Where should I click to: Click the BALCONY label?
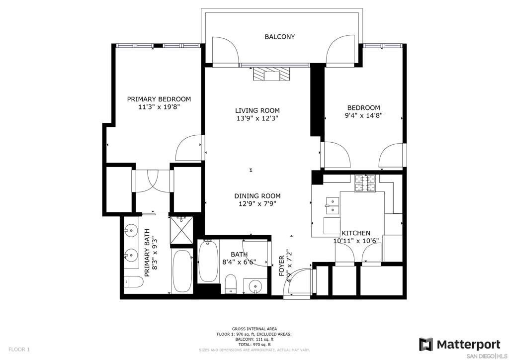point(280,37)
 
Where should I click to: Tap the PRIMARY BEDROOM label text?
point(159,99)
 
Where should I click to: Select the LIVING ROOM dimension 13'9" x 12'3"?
point(257,118)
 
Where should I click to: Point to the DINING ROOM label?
point(257,196)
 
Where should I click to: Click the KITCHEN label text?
point(356,233)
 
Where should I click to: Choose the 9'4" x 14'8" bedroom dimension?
point(363,115)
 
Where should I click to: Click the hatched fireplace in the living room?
point(271,74)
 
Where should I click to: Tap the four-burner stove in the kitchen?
point(364,183)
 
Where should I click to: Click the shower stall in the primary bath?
point(181,230)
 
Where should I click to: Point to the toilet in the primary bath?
point(133,282)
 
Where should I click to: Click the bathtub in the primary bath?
point(182,271)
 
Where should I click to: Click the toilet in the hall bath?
point(231,283)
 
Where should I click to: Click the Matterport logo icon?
point(426,345)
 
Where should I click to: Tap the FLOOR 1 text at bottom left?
point(19,350)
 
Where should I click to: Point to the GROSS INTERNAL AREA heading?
point(254,329)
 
